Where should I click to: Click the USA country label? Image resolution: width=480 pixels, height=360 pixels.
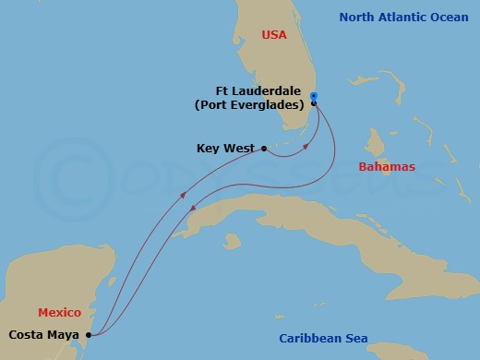coord(274,34)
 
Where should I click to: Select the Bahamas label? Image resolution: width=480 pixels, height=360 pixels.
coord(387,166)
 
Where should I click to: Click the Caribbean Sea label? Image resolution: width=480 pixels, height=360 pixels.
coord(322,339)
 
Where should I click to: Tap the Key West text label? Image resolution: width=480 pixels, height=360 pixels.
coord(226,148)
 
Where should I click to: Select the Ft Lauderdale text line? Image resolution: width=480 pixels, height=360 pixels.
coord(261,91)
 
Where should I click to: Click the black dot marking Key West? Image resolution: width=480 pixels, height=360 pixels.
coord(265,148)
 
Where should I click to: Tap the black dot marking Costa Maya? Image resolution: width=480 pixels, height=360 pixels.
coord(89,335)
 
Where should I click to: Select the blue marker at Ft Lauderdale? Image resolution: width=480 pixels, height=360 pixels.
coord(314,96)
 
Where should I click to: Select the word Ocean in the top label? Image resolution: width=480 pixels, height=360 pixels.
coord(451,17)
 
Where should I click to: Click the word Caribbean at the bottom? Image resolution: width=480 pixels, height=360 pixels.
coord(309,339)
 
